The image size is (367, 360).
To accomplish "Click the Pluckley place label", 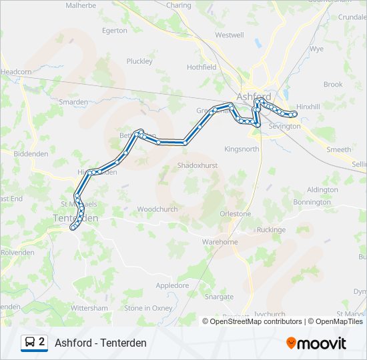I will (x=139, y=61).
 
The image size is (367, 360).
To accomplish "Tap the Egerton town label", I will (x=115, y=30).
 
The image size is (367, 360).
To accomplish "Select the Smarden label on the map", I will (x=73, y=102).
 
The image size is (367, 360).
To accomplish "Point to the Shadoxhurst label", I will (x=197, y=165).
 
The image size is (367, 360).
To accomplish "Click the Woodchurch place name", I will (x=157, y=209).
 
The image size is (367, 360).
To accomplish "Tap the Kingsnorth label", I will (x=242, y=149).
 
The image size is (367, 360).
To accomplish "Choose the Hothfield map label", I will (x=202, y=67).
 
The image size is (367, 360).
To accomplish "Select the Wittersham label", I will (x=89, y=308).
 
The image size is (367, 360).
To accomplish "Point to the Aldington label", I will (x=322, y=189).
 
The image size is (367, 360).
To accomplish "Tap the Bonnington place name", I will (x=312, y=202).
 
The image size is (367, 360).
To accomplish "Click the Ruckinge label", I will (x=271, y=230).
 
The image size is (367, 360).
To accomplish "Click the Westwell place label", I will (x=230, y=35).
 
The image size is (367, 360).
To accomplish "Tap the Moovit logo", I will (x=316, y=343).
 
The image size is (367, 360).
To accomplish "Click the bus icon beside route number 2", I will (x=31, y=343).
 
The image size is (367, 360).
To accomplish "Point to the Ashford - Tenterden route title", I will (x=101, y=343).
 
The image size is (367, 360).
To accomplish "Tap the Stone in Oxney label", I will (x=148, y=308).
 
